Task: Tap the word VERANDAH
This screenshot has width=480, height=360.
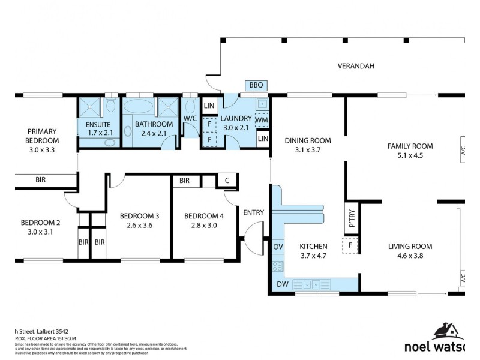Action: [356, 67]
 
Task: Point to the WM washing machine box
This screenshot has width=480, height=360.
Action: [262, 119]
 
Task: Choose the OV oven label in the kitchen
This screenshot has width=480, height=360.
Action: [278, 246]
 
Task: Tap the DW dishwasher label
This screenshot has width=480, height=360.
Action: [281, 284]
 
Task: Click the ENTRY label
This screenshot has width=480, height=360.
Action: [254, 212]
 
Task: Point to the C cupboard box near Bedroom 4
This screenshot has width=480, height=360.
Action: [227, 180]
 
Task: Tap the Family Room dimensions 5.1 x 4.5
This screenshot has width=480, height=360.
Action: [410, 155]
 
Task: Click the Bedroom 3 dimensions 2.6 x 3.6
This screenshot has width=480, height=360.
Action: [139, 226]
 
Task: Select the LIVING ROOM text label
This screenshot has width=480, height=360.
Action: [410, 246]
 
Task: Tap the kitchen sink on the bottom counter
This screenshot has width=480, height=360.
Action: [310, 284]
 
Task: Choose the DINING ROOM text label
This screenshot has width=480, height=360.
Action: [308, 141]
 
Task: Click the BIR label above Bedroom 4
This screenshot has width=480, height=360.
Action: [184, 180]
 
